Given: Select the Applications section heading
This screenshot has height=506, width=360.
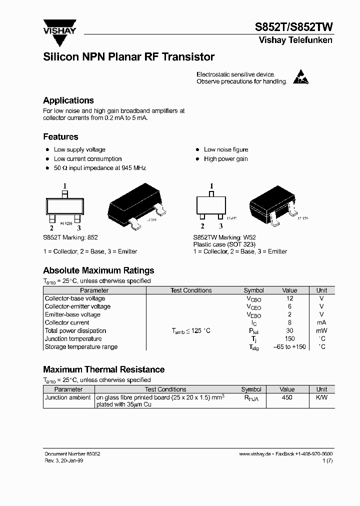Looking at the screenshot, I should coord(68,100).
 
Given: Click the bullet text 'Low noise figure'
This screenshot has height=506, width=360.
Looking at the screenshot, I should coord(225,149).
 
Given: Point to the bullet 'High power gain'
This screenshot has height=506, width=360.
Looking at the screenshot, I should coord(225,159).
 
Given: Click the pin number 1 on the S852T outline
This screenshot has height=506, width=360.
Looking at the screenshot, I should coord(64,186).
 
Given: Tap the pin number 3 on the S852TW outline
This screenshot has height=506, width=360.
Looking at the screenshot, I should coord(220,226).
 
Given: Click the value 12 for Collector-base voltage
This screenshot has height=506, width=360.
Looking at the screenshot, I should coord(289,298).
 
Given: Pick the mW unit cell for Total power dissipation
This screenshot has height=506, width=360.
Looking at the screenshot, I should coord(321,330).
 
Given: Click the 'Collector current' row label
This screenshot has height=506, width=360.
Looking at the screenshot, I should coord(67,322).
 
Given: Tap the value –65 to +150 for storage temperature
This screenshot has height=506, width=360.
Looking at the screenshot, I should coord(289,346).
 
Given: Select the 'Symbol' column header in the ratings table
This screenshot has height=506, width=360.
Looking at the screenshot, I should coord(253,290).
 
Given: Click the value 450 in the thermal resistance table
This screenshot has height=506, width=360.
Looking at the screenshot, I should coord(287,397).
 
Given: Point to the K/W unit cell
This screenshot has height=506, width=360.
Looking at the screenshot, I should coord(321,397).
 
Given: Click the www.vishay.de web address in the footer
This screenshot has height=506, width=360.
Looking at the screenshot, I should coord(255,453).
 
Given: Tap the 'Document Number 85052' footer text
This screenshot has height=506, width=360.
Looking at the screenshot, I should coord(72,453).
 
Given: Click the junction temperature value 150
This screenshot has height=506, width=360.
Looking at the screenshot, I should coord(289,338).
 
